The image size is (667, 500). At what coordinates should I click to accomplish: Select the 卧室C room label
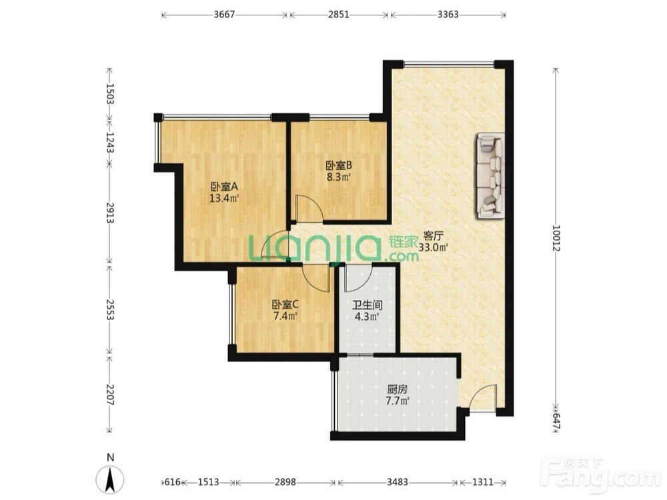(x=285, y=305)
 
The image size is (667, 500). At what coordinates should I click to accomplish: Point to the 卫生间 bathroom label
(x=367, y=305)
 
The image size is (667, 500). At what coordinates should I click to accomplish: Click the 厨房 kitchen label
(x=398, y=389)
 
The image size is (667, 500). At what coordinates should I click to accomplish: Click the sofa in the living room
(x=490, y=175)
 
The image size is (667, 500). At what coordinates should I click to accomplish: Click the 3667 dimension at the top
(x=224, y=15)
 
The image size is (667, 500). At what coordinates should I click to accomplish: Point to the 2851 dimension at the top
(x=339, y=15)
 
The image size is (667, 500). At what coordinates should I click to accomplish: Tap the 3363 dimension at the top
(x=448, y=15)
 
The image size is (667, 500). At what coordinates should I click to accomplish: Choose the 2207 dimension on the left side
(x=110, y=394)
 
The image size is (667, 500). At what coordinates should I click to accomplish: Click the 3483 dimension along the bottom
(x=398, y=482)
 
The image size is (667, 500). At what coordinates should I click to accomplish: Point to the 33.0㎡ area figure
(x=434, y=247)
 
